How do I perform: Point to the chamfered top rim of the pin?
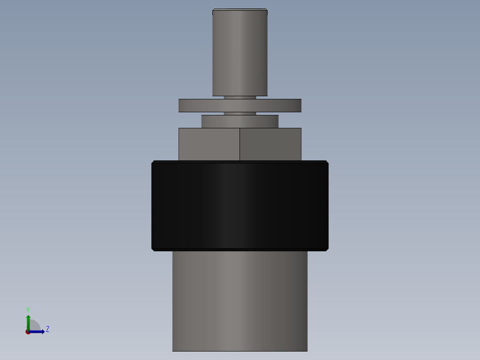coord(240,10)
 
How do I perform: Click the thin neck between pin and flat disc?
coord(240,97)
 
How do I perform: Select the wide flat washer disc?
coord(240,106)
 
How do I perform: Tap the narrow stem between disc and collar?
coord(240,114)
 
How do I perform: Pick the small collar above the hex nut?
coord(240,122)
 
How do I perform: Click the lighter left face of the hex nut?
coord(209,144)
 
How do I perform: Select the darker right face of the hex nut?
coord(270,144)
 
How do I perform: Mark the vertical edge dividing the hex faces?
coord(240,144)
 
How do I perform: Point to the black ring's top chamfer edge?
coord(240,162)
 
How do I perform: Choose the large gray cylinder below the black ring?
coord(240,301)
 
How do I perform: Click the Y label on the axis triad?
coord(28,309)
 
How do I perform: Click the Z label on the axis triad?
coord(47,329)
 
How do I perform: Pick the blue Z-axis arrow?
coord(38,331)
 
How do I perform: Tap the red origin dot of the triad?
coord(28,332)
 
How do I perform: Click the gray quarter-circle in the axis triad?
coord(35,325)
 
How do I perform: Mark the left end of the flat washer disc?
coord(180,106)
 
